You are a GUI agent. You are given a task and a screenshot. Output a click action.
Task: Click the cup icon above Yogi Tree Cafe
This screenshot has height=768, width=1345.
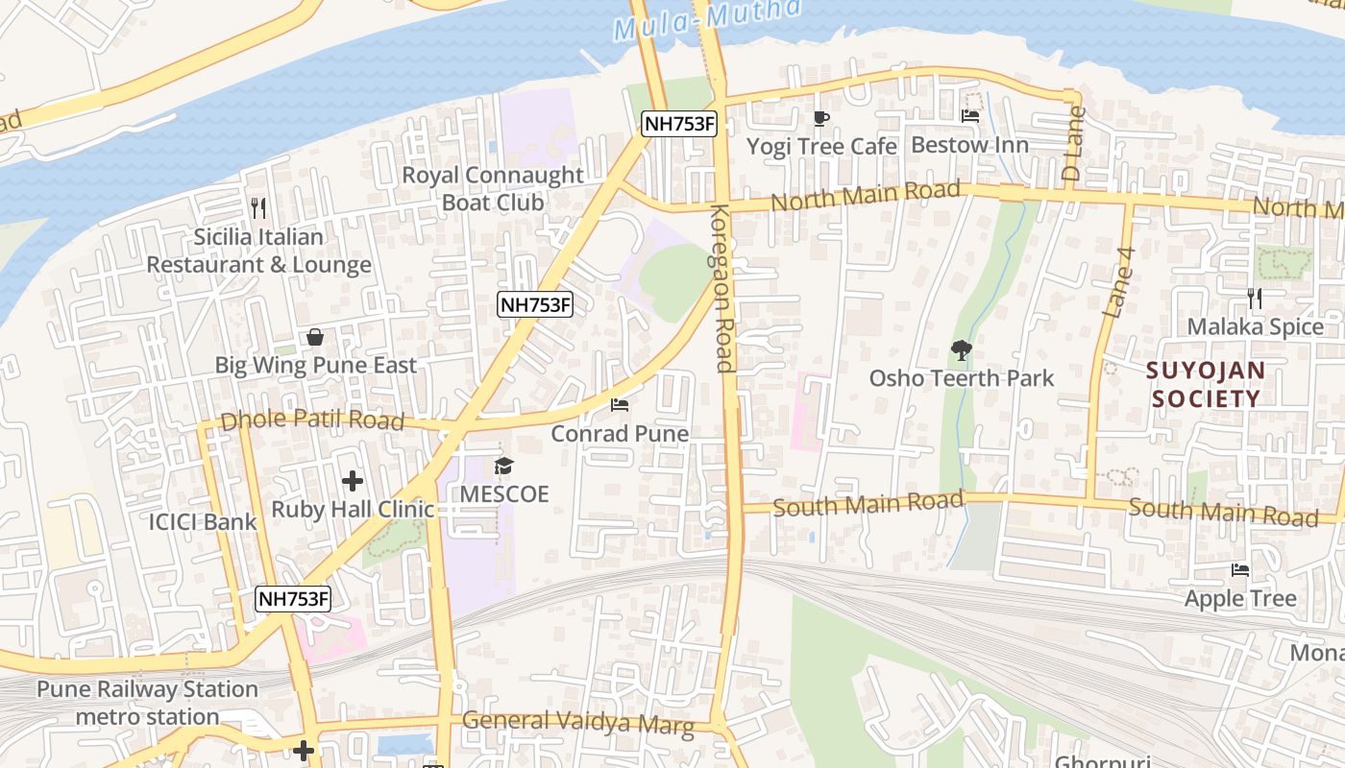click(820, 118)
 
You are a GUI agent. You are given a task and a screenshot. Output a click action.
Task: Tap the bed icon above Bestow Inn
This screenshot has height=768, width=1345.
click(970, 116)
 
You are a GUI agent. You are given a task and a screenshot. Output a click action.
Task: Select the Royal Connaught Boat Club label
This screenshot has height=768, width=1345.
click(492, 189)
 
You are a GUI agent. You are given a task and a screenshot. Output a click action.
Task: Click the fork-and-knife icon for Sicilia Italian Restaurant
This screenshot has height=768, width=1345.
click(257, 207)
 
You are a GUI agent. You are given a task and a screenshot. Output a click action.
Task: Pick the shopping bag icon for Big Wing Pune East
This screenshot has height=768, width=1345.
click(314, 337)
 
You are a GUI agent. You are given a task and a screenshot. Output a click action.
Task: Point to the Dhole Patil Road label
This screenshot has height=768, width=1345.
click(312, 421)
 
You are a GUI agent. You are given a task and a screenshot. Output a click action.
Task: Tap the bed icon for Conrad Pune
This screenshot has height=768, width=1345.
click(620, 405)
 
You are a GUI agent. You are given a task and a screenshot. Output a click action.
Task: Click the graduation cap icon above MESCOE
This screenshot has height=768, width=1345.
click(503, 467)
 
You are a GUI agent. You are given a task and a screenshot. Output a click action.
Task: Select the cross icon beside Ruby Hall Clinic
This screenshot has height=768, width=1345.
click(353, 481)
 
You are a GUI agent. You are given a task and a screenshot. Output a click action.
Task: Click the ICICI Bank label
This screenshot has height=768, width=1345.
click(203, 522)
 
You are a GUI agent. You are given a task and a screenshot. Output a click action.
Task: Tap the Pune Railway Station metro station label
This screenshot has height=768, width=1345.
click(147, 703)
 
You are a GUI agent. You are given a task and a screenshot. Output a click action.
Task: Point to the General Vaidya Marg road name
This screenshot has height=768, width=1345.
click(577, 722)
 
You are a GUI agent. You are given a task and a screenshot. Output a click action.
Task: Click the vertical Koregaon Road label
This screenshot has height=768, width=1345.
click(721, 288)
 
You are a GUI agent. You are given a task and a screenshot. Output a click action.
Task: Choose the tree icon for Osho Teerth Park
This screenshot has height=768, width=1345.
click(961, 350)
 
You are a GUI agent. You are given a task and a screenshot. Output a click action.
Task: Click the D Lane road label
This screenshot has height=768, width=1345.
click(1073, 145)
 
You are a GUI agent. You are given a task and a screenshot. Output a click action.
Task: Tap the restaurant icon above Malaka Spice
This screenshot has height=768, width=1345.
click(1254, 299)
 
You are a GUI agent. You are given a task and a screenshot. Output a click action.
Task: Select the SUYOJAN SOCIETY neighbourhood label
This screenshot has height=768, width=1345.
click(1206, 384)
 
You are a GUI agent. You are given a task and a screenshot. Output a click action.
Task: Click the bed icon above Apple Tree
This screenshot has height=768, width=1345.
click(1240, 570)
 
